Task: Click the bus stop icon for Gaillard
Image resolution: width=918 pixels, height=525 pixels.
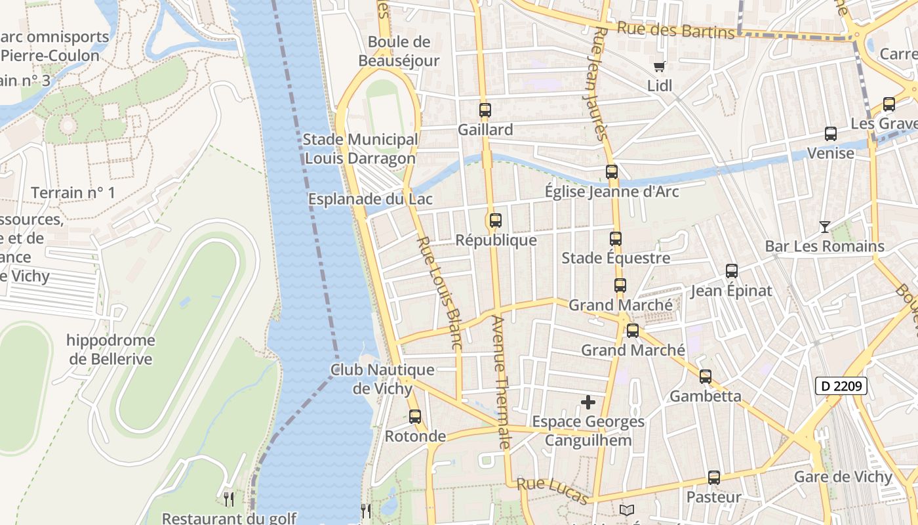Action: (485, 110)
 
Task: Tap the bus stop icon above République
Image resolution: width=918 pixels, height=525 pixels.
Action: (496, 220)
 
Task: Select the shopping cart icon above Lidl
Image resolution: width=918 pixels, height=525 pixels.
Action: (660, 66)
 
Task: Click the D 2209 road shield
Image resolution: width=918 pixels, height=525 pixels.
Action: (841, 386)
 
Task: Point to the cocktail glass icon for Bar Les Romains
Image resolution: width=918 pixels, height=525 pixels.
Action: (825, 227)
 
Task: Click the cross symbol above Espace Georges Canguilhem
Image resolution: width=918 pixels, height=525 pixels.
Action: (588, 402)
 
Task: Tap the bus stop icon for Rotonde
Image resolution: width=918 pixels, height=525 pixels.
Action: (415, 416)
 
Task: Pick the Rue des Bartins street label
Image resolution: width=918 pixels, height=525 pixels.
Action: (675, 30)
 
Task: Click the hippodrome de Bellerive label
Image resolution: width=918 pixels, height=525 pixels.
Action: (110, 350)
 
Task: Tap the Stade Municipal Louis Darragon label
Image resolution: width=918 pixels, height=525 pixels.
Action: (360, 149)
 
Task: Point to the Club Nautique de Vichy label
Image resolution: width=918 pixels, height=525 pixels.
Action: (383, 379)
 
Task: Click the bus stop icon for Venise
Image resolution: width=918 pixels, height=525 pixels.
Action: (831, 134)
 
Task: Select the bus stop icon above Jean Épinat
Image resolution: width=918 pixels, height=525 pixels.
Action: (732, 270)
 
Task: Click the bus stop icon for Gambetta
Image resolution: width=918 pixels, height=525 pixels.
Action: (706, 377)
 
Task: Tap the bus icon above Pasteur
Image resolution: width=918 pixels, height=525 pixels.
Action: (714, 478)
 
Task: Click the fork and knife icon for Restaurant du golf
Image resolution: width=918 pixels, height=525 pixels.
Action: (229, 499)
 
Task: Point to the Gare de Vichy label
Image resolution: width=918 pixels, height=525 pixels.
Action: (843, 477)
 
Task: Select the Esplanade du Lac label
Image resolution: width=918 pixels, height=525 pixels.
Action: (370, 198)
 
